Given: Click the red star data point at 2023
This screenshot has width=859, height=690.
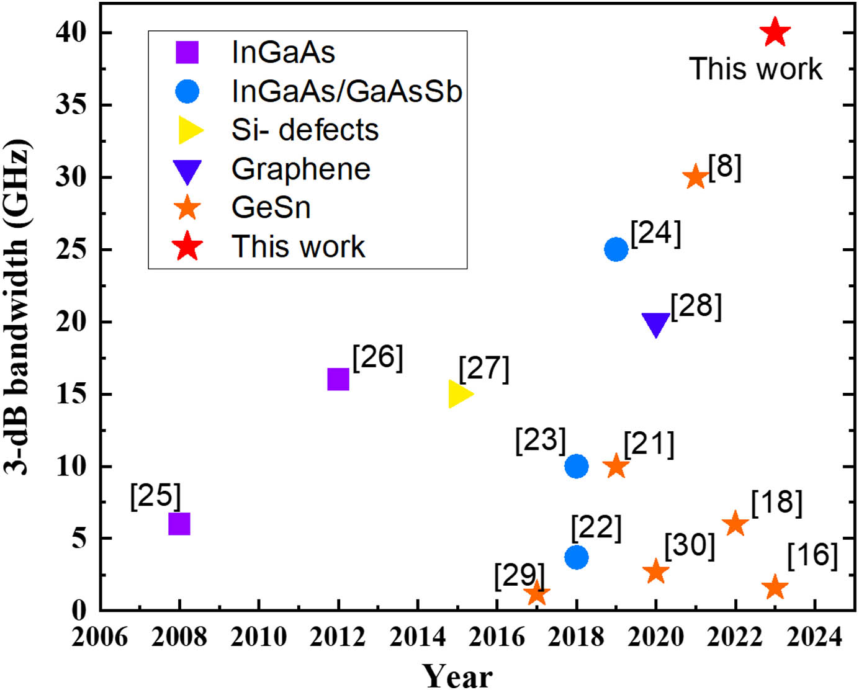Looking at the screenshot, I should pyautogui.click(x=775, y=32).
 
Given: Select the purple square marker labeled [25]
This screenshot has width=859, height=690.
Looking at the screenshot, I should pyautogui.click(x=179, y=524).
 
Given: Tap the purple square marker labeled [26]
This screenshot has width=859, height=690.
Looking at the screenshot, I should pyautogui.click(x=338, y=379).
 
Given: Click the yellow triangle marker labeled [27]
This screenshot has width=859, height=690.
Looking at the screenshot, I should pyautogui.click(x=459, y=394).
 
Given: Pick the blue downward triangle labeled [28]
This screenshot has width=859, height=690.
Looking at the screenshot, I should pyautogui.click(x=655, y=323).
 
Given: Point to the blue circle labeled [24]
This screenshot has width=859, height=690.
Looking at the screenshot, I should pyautogui.click(x=616, y=249).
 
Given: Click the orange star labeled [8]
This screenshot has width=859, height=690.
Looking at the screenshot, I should pyautogui.click(x=695, y=177).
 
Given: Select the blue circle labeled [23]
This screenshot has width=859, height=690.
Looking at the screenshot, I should pyautogui.click(x=576, y=466).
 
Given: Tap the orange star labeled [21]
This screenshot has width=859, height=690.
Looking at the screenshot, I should pyautogui.click(x=616, y=466).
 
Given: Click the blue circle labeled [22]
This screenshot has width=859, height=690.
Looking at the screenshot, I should pyautogui.click(x=576, y=557).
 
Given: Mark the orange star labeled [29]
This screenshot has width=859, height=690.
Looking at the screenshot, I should pyautogui.click(x=537, y=594).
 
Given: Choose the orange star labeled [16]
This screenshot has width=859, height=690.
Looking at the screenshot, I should pyautogui.click(x=775, y=587).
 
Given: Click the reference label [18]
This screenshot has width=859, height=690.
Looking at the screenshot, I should pyautogui.click(x=776, y=503).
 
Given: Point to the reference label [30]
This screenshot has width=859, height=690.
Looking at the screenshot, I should pyautogui.click(x=690, y=545).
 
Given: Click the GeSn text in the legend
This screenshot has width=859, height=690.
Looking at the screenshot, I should pyautogui.click(x=271, y=207).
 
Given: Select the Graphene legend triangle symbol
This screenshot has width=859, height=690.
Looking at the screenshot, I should pyautogui.click(x=187, y=171).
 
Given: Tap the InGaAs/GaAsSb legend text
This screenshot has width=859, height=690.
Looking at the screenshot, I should pyautogui.click(x=346, y=91).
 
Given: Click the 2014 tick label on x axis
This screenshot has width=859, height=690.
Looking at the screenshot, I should pyautogui.click(x=417, y=637).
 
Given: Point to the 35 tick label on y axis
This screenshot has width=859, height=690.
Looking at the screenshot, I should pyautogui.click(x=71, y=104).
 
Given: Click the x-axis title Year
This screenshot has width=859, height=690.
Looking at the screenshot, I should pyautogui.click(x=457, y=675).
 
